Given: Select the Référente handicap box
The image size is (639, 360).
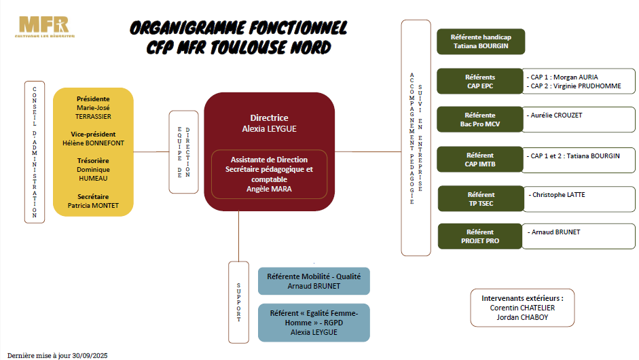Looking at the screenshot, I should [480, 42].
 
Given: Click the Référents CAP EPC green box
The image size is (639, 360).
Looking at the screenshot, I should [479, 82].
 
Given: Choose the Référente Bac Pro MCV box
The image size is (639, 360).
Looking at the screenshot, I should [479, 120].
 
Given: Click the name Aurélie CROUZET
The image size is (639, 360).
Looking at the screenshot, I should [555, 115].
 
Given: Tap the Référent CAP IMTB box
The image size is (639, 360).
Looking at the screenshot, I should [479, 160].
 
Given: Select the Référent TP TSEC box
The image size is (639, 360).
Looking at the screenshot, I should [481, 199].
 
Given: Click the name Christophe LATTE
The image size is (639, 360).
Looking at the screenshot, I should [558, 195].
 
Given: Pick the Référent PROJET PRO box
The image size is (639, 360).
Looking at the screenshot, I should [479, 236].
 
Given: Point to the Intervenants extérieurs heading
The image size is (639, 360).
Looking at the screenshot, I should [522, 298].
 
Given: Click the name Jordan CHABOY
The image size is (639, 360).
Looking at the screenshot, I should [522, 317].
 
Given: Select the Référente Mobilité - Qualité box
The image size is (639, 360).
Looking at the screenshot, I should [314, 281].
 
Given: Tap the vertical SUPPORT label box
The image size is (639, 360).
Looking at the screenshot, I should [239, 302].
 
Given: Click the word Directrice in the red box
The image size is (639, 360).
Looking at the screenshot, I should [269, 118].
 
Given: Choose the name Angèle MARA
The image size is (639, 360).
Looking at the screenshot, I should [269, 189].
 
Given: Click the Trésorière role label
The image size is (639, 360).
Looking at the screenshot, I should [93, 161].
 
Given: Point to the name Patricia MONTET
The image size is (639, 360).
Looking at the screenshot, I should [93, 206].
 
